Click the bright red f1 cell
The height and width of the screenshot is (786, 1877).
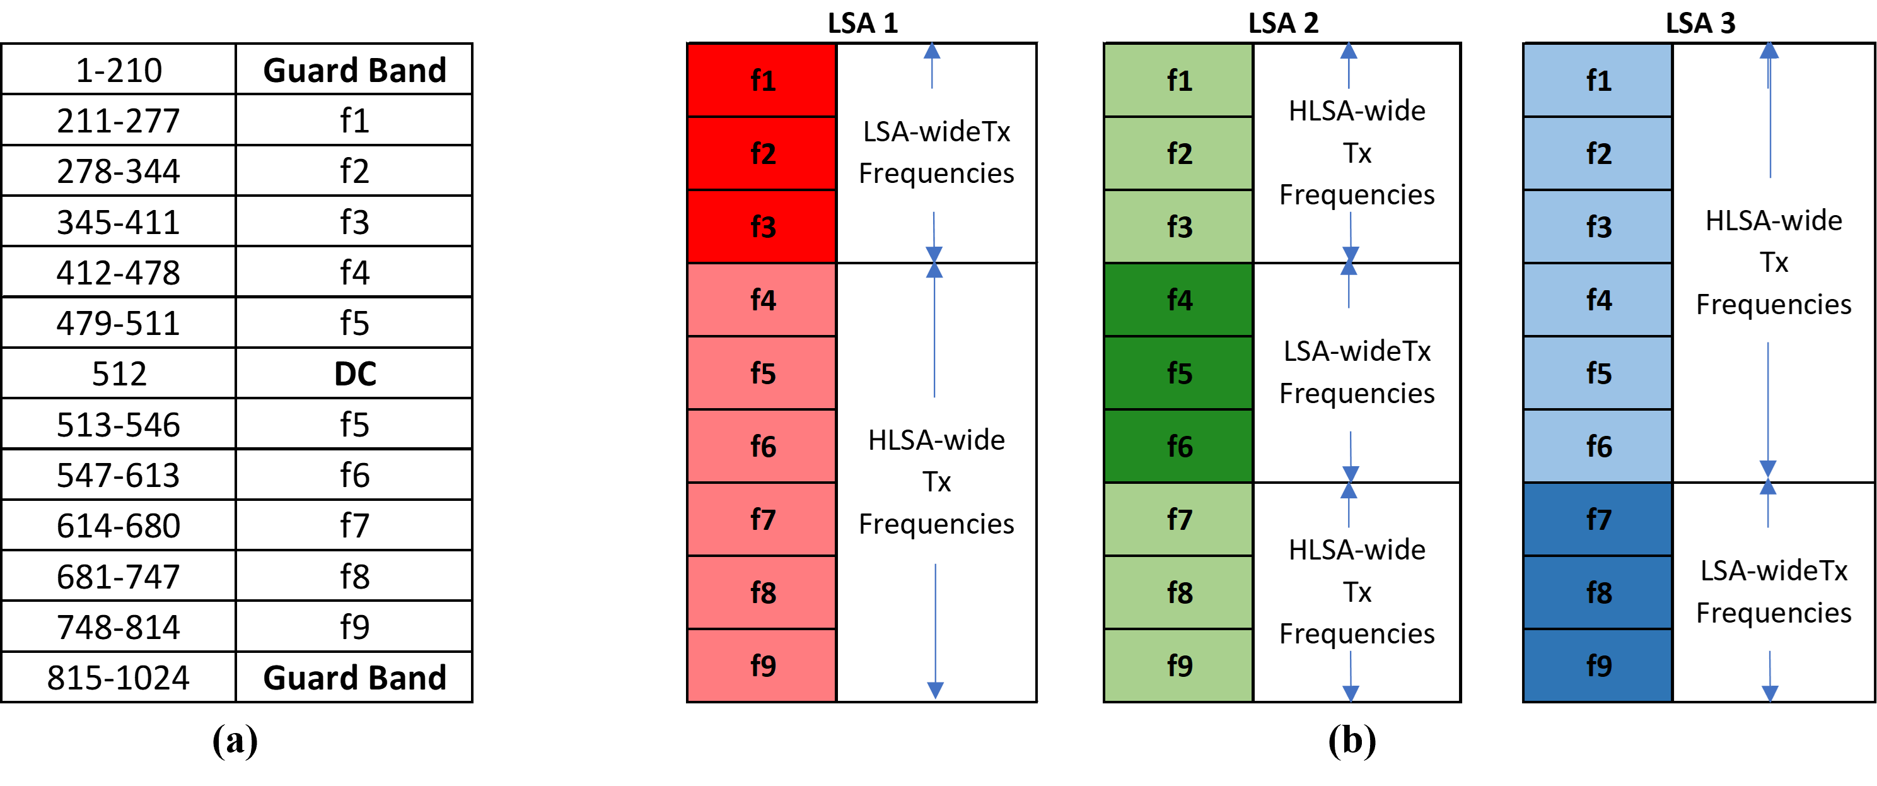[x=762, y=80]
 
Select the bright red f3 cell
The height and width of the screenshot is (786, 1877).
[x=762, y=226]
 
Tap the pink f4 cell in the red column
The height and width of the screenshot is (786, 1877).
[x=762, y=300]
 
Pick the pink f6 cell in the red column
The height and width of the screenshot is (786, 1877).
[x=762, y=446]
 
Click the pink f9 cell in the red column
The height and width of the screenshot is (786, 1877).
[x=762, y=666]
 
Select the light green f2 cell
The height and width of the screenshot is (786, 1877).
[x=1178, y=153]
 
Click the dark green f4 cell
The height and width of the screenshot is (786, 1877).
[x=1178, y=300]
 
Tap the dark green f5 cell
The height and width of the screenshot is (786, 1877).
[x=1178, y=373]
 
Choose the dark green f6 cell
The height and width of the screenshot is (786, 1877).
[x=1178, y=446]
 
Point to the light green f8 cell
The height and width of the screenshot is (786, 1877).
[x=1178, y=593]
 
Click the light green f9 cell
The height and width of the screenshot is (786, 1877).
[x=1178, y=666]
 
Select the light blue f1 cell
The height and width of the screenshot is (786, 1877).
[x=1597, y=80]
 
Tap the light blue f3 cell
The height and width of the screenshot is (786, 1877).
[x=1597, y=226]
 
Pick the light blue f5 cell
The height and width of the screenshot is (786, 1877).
[x=1597, y=373]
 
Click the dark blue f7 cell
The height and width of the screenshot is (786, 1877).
[x=1597, y=520]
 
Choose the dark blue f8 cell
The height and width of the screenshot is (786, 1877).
[x=1597, y=593]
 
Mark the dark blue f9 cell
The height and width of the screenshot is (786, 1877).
[x=1597, y=666]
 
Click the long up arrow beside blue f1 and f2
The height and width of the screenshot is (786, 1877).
[x=1770, y=109]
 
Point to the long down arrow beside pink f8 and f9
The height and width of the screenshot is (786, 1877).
[x=936, y=631]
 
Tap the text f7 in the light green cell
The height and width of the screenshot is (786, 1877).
[x=1180, y=520]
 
